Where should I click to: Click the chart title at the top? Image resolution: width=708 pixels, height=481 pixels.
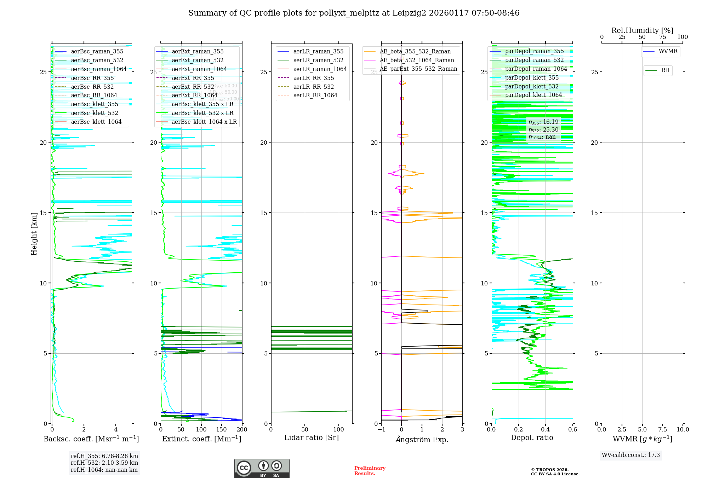tap(354, 13)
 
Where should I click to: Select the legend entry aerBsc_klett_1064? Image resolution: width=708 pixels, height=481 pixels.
tap(96, 122)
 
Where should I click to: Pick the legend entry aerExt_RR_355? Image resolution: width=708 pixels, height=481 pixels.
tap(193, 78)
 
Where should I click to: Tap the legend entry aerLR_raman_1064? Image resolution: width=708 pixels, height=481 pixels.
tap(320, 69)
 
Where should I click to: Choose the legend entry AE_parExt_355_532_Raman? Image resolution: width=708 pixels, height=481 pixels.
tap(418, 69)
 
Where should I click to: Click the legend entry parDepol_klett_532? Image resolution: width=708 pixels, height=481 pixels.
tap(532, 86)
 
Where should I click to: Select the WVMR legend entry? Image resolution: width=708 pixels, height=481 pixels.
tap(668, 51)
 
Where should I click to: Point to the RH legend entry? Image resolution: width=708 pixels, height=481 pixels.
tap(665, 70)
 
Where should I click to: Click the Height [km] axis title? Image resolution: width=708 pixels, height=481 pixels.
tap(34, 234)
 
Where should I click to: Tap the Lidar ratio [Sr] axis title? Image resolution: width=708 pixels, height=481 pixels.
tap(312, 437)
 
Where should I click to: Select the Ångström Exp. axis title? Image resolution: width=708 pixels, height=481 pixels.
tap(422, 439)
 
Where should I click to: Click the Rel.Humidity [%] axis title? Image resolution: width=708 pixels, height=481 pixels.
tap(642, 30)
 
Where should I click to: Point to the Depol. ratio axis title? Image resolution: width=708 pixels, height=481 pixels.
tap(532, 437)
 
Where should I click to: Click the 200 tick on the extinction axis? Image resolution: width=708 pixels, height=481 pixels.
tap(242, 430)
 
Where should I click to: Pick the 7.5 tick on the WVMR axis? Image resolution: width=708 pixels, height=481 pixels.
tap(663, 430)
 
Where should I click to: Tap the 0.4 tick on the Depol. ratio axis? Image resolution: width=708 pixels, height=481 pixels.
tap(546, 430)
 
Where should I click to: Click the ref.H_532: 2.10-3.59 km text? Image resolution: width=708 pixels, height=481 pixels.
tap(104, 463)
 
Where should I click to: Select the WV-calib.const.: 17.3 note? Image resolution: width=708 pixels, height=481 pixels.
tap(631, 455)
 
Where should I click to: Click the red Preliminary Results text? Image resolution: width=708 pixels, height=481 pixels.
tap(370, 471)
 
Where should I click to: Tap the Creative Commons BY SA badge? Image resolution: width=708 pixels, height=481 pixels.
tap(262, 469)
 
